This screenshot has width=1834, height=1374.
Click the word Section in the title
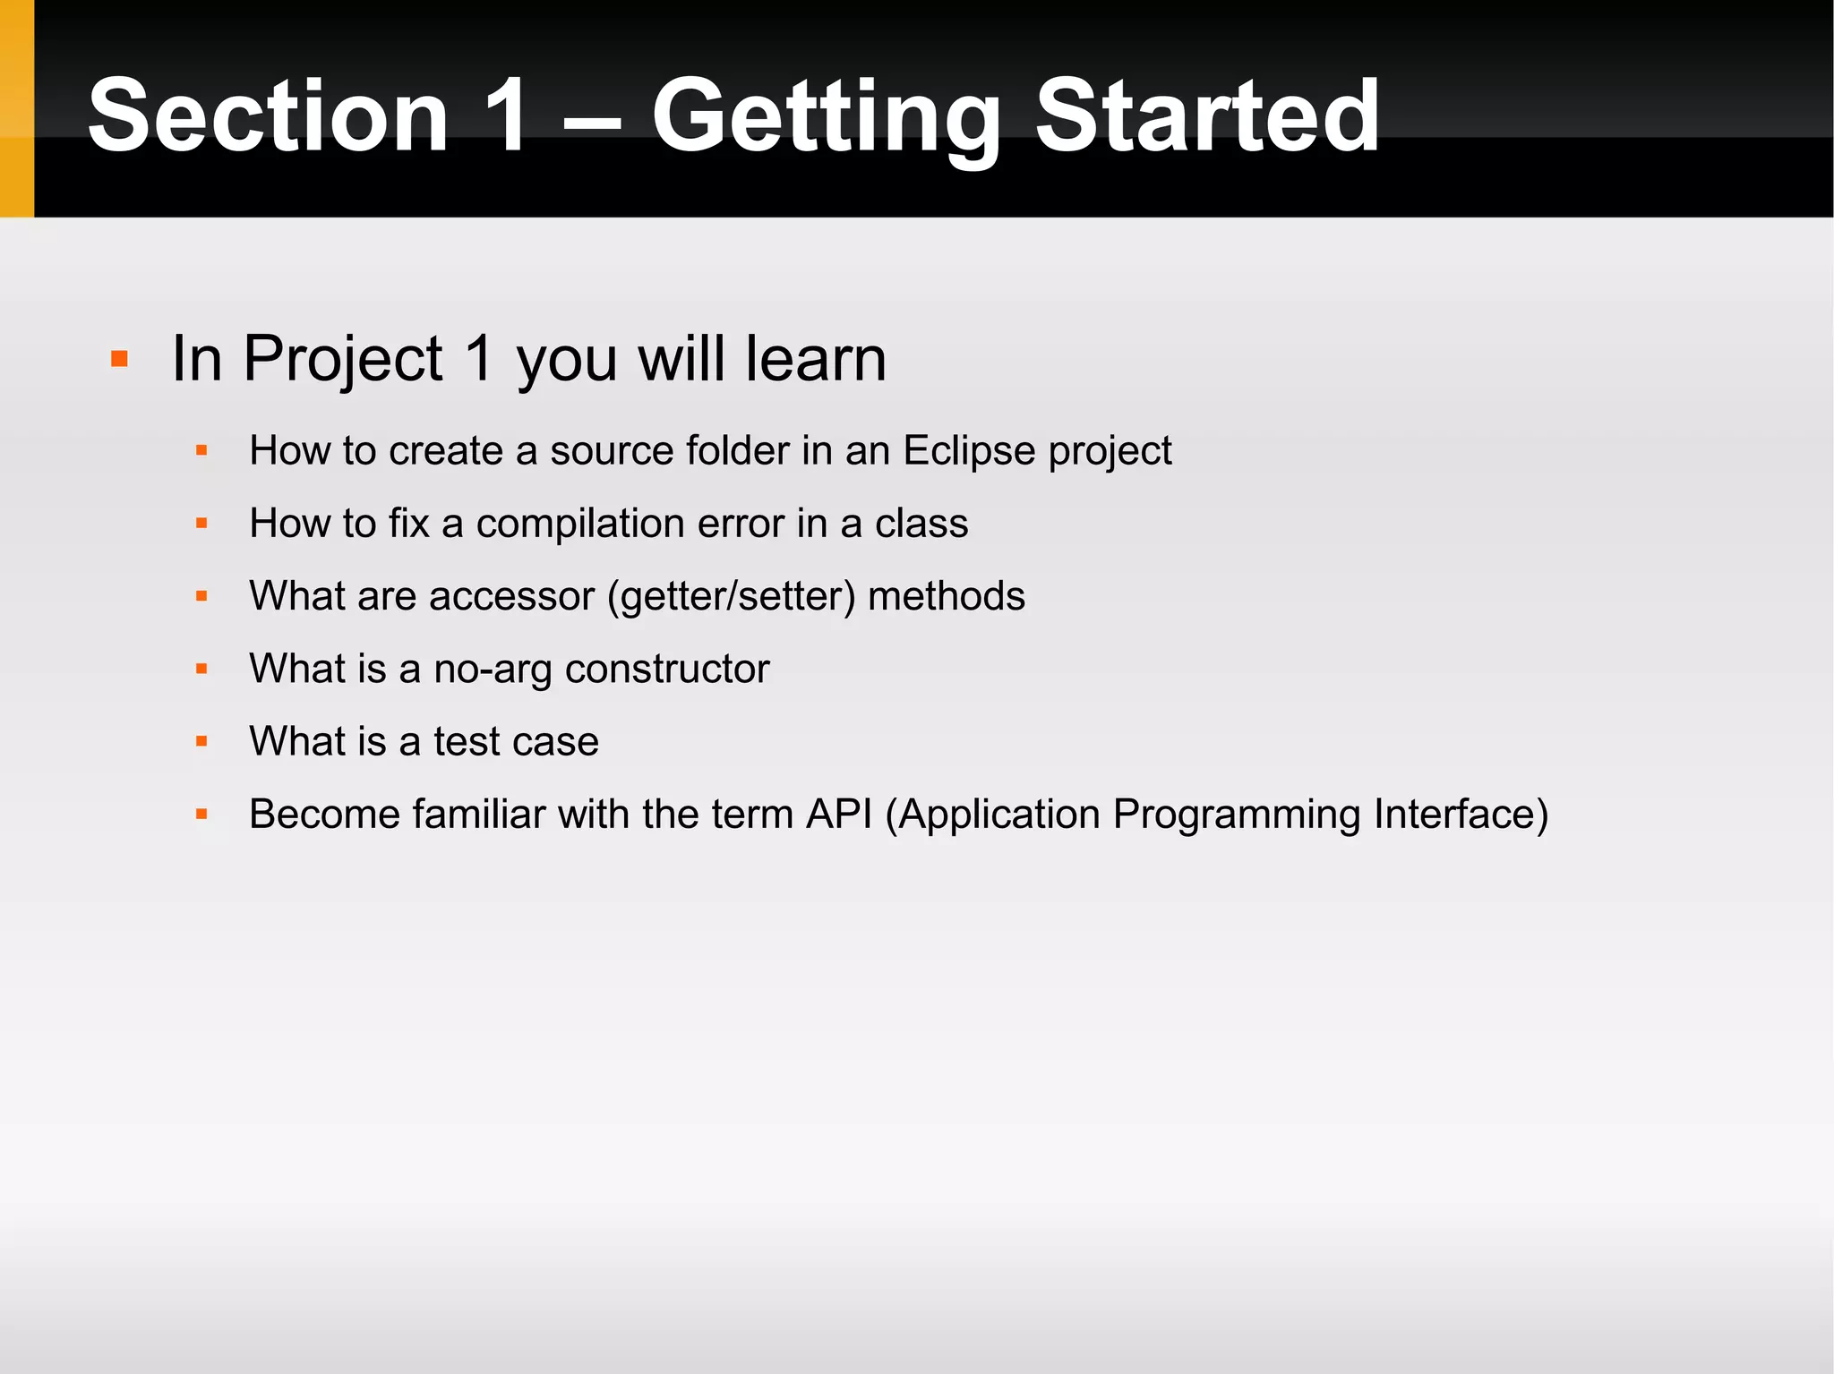tap(268, 116)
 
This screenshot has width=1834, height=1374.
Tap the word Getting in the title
tap(825, 116)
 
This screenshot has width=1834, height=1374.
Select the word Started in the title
tap(1207, 116)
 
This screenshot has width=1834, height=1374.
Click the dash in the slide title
tap(591, 125)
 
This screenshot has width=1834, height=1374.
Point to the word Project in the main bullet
tap(342, 359)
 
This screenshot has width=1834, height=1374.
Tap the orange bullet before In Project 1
tap(120, 360)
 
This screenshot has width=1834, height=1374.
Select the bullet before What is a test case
tap(201, 742)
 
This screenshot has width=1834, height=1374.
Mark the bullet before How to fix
tap(201, 524)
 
